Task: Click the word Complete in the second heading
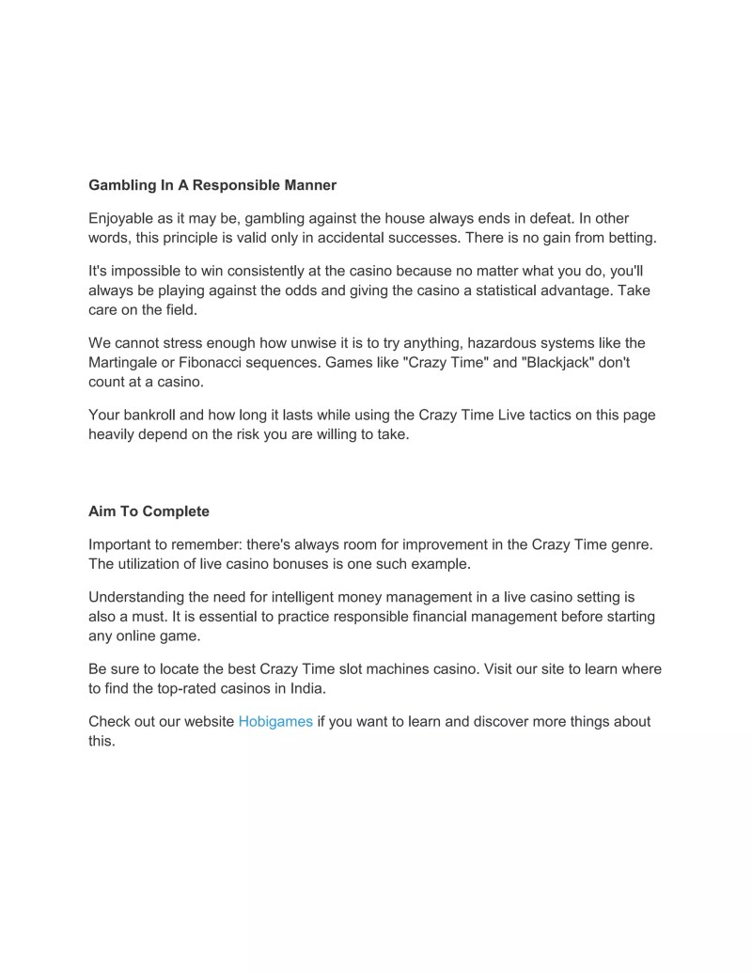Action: coord(177,511)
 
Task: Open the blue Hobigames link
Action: coord(275,722)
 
